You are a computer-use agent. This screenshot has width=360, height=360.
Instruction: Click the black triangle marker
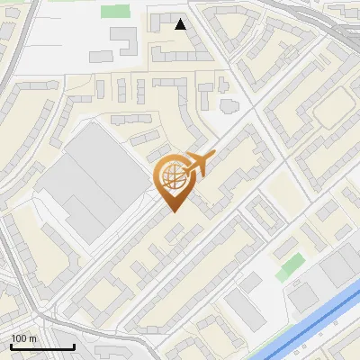pos(181,24)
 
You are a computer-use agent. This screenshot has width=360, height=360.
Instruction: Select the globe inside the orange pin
pos(171,176)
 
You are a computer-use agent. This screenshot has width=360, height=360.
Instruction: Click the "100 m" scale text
pos(23,338)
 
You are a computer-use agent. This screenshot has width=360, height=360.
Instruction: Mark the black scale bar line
pos(42,346)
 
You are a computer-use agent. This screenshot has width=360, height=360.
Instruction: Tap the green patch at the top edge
pos(115,11)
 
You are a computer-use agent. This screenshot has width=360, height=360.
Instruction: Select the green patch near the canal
pos(290,266)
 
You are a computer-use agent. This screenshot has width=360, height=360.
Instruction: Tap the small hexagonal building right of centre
pos(227,104)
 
